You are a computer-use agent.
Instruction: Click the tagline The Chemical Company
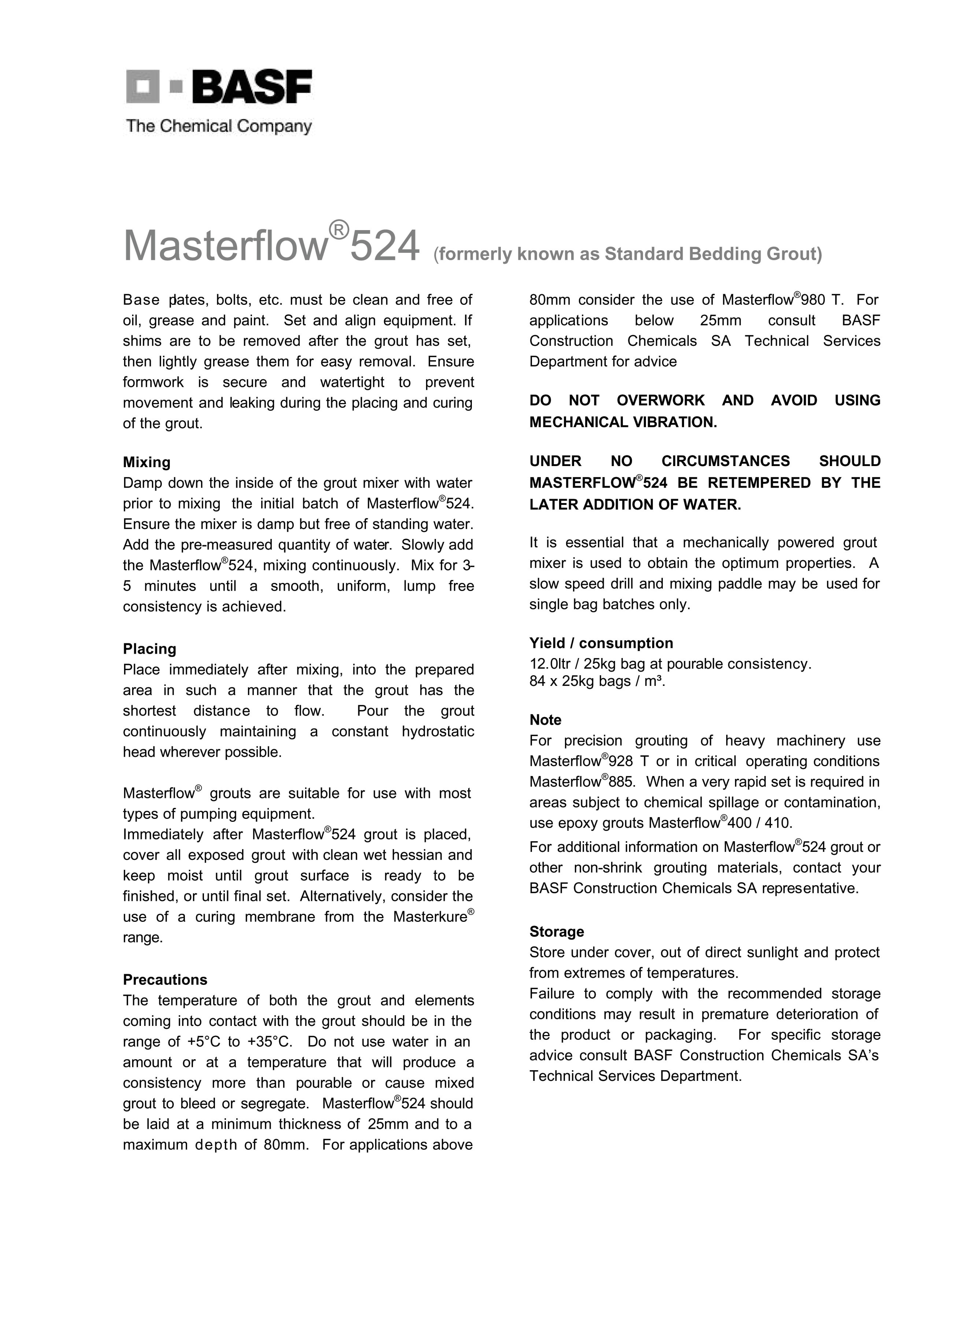point(219,126)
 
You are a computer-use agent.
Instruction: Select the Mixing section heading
point(147,462)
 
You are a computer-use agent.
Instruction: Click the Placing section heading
point(150,649)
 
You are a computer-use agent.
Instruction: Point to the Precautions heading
point(165,980)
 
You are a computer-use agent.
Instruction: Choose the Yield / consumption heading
point(601,643)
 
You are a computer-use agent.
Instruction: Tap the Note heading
point(545,720)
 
